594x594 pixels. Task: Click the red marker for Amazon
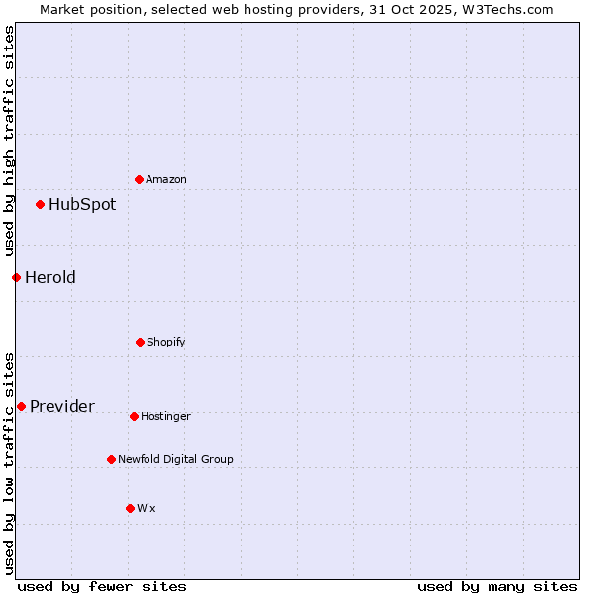139,179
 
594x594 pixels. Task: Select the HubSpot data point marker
41,205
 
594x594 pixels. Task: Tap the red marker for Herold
16,277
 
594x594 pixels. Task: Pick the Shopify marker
140,342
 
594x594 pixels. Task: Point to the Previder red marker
21,406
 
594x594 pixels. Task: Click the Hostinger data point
134,416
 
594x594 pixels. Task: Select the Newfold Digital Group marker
111,459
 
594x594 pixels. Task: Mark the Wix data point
130,508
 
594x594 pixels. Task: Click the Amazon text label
166,179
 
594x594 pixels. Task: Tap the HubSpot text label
82,205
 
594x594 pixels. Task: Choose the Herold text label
50,277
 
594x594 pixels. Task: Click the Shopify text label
166,342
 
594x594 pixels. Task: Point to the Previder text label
62,406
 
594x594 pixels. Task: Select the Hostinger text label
165,416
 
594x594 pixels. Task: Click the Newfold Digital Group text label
175,459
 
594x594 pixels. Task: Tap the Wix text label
147,508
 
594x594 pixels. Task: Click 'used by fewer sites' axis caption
102,586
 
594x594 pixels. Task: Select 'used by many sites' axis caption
497,586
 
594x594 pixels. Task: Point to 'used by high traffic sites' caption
9,142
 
